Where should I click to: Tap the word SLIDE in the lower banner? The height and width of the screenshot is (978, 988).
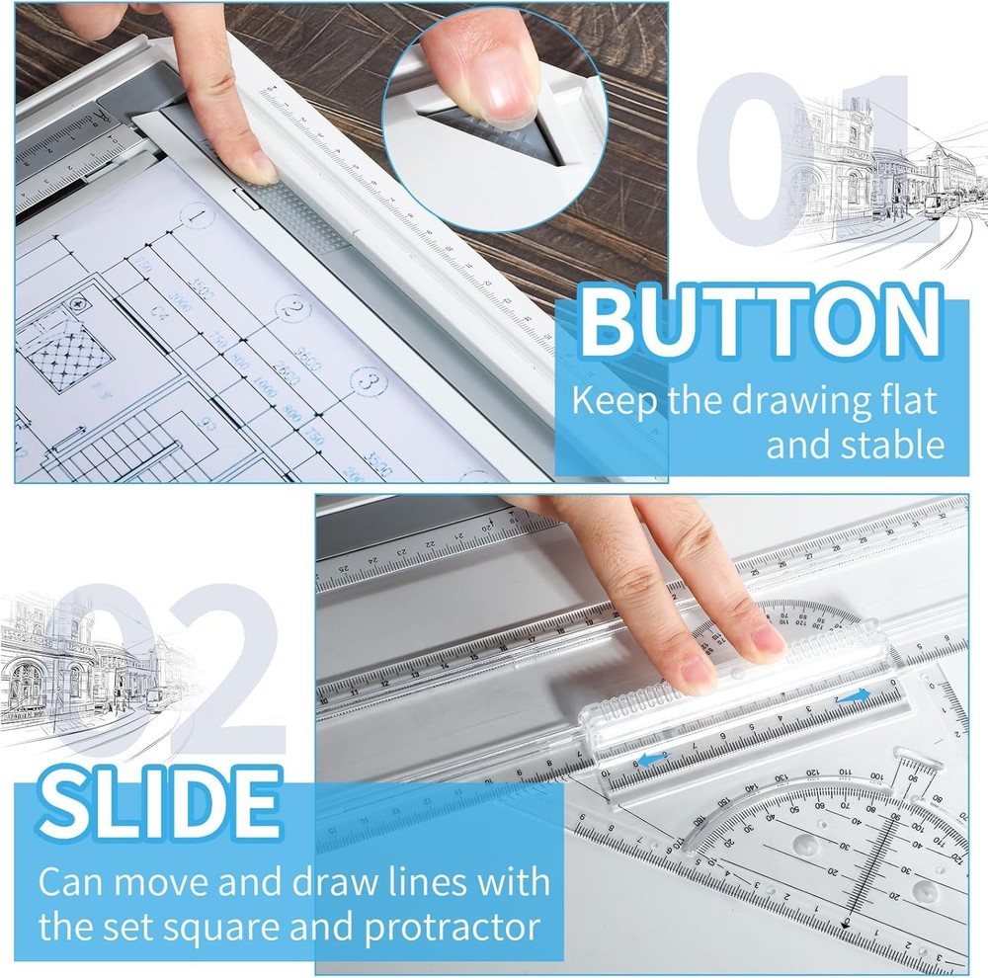[x=159, y=801]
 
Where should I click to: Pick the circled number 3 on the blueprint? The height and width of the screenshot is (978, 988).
[x=368, y=380]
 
